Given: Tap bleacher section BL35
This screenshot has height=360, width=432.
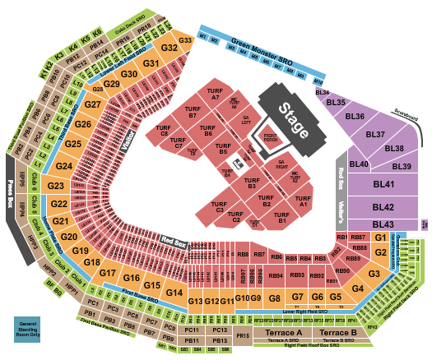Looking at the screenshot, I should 336,103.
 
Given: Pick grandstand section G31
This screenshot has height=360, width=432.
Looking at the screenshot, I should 151,64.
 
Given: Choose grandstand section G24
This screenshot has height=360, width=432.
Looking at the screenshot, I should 65,167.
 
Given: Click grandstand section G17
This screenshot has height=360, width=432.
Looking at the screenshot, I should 108,273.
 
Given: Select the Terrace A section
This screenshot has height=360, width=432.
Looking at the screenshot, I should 284,332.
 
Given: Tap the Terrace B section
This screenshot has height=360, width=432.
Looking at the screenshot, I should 337,332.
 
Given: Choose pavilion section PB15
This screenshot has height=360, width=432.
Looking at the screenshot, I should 242,336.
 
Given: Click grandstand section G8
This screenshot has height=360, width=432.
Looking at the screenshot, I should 276,298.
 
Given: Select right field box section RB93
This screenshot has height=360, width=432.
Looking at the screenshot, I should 296,275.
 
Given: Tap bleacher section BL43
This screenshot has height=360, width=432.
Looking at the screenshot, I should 383,224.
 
